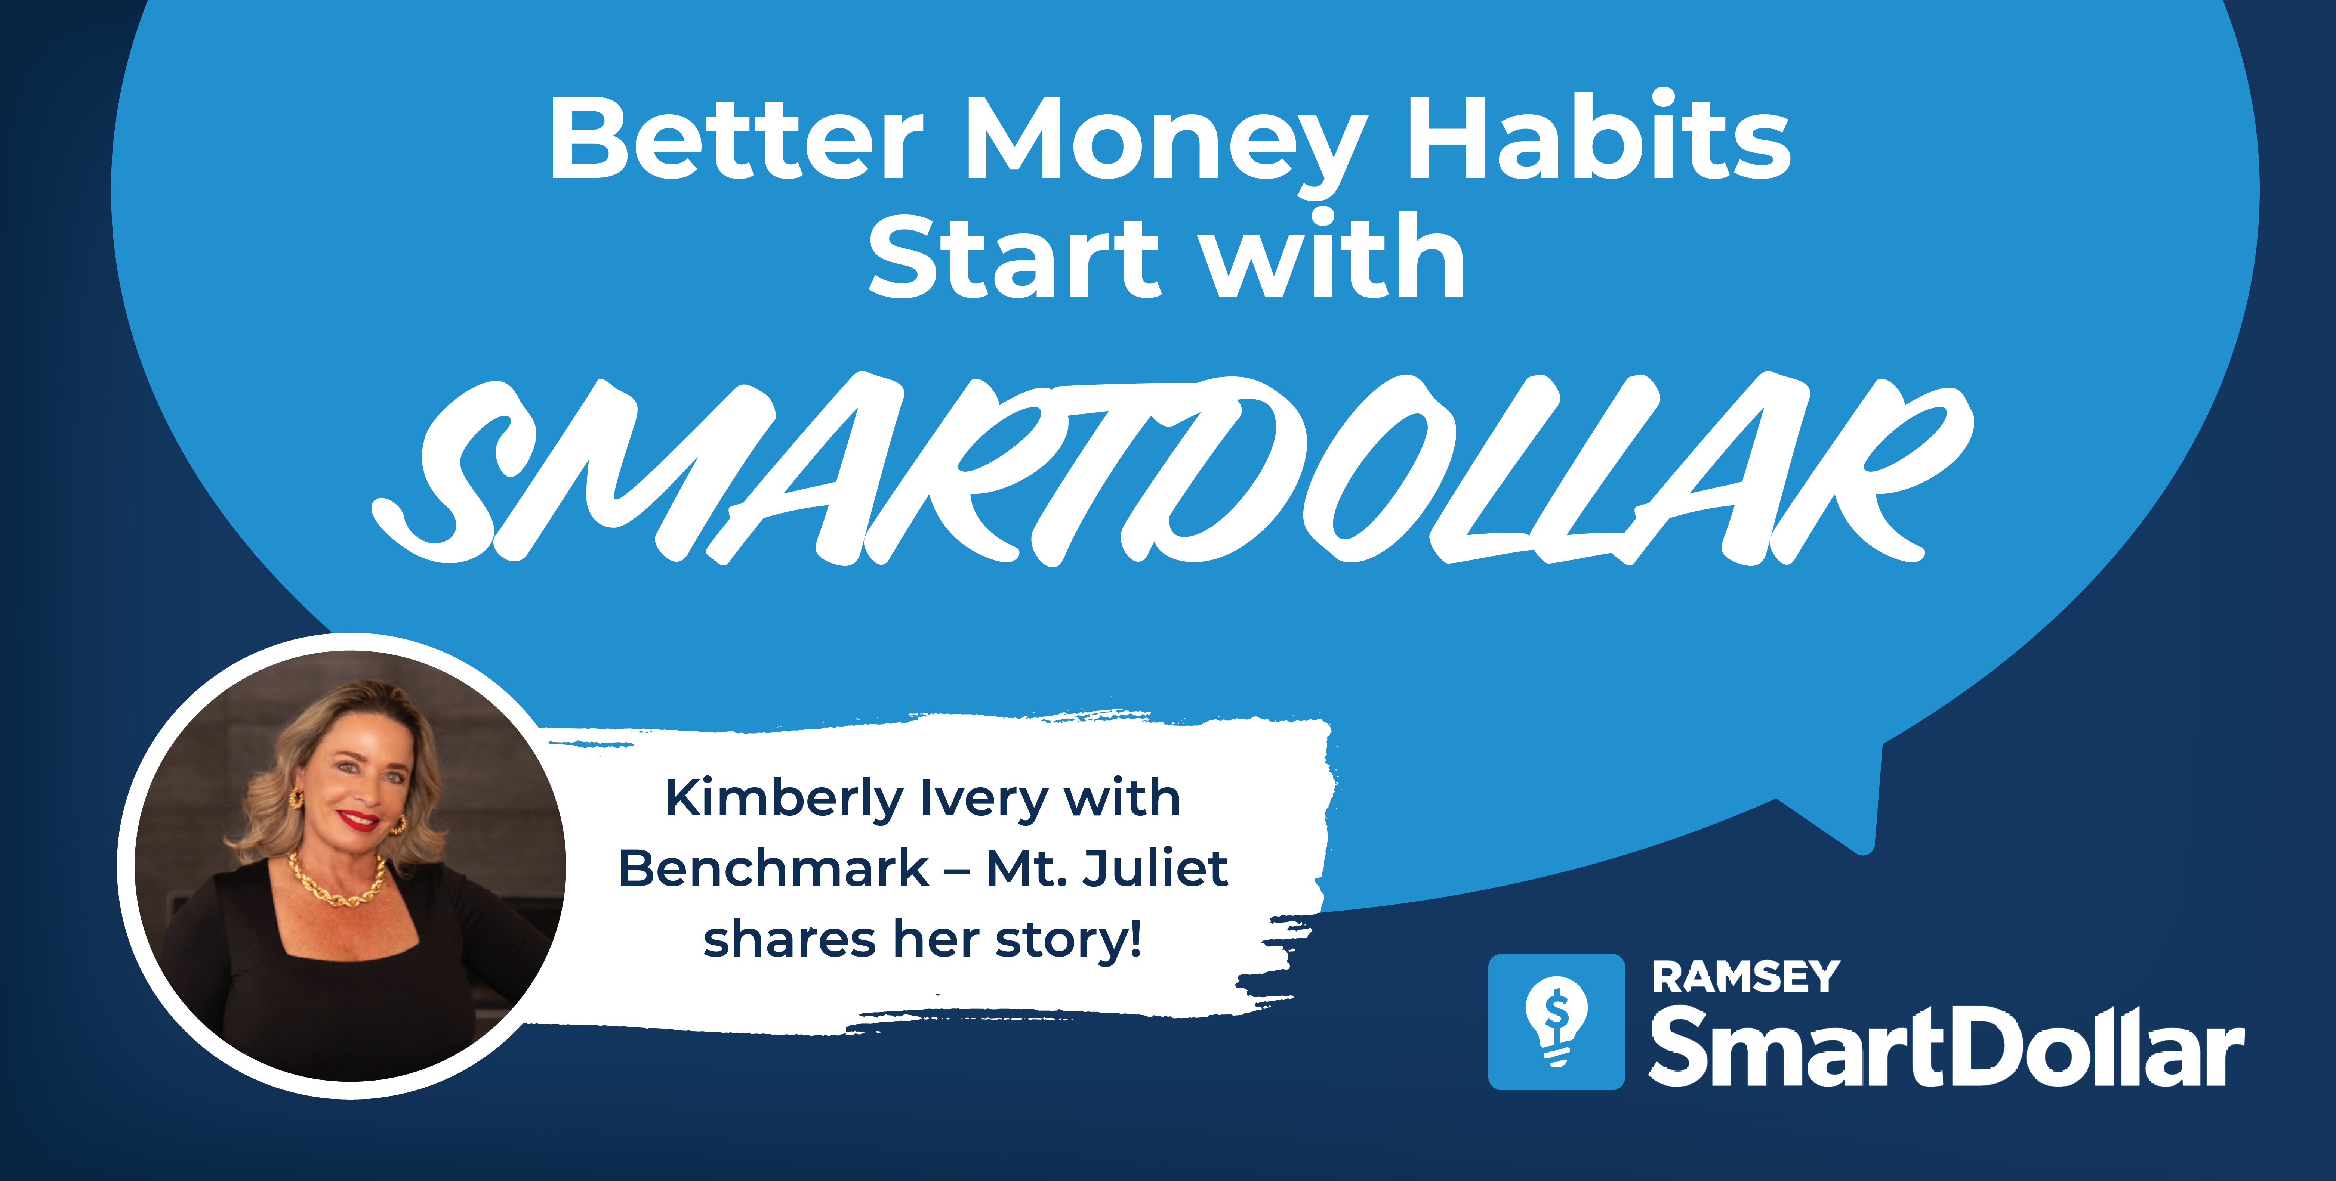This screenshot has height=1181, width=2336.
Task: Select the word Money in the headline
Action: click(1165, 145)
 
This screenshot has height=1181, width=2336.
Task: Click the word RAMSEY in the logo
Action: click(1745, 977)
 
